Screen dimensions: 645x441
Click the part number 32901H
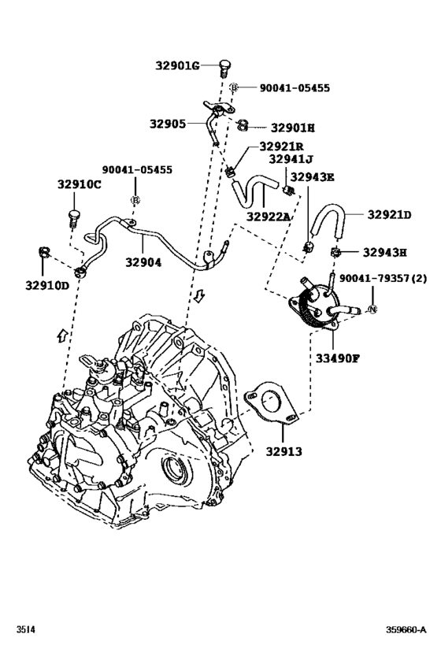[x=292, y=127]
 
